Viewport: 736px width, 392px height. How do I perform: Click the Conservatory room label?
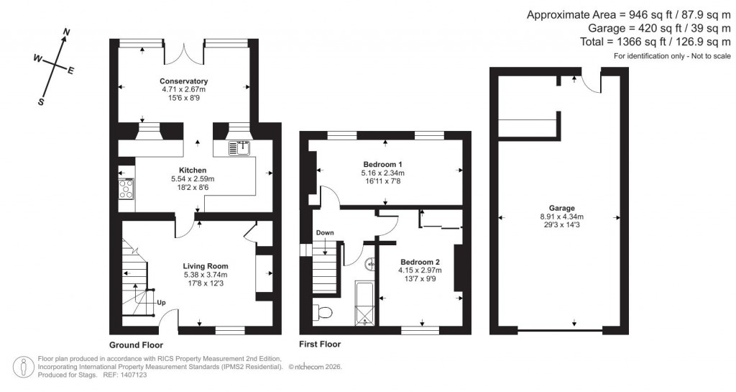point(183,81)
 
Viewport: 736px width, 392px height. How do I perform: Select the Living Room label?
point(205,266)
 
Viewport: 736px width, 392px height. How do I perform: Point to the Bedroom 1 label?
point(382,164)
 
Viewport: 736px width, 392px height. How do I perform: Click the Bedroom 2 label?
point(420,262)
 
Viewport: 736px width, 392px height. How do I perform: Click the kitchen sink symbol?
point(239,148)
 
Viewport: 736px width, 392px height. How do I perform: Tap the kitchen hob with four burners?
point(125,188)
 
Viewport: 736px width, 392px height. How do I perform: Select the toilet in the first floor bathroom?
point(321,313)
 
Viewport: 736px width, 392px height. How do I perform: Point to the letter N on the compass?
point(67,32)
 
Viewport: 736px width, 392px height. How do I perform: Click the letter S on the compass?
point(41,102)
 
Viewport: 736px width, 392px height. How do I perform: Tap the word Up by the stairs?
point(161,302)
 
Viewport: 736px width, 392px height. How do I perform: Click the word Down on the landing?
point(325,233)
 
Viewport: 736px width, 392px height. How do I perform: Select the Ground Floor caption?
point(136,345)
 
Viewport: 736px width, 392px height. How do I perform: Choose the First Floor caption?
point(320,345)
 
